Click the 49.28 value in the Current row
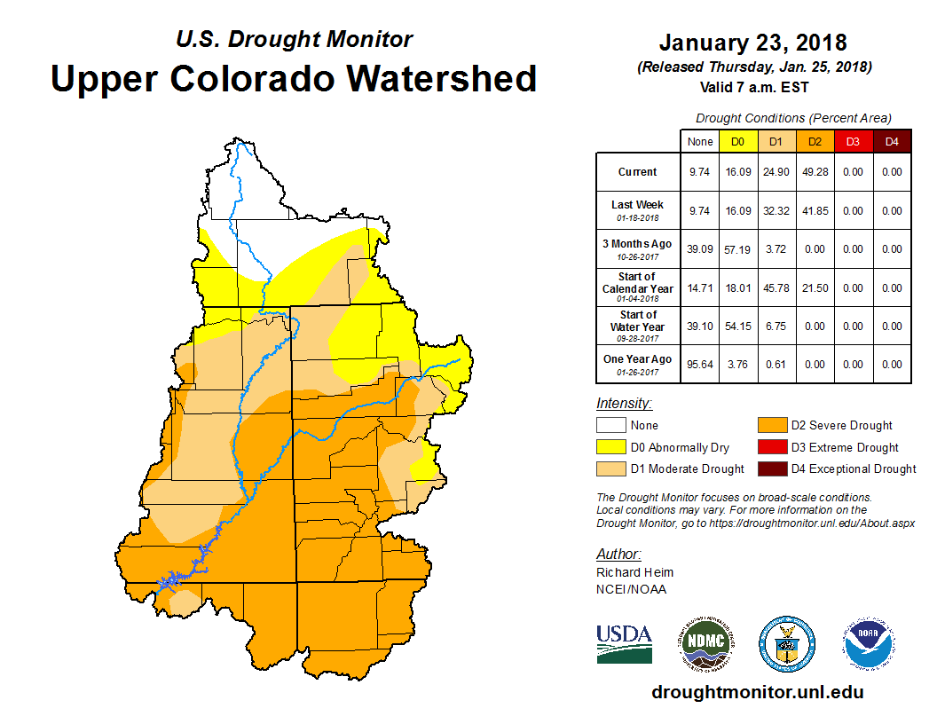point(815,172)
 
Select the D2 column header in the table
point(815,142)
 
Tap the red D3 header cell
point(853,142)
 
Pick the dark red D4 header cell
point(892,142)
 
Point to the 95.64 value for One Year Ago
point(700,365)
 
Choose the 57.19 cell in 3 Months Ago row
point(738,249)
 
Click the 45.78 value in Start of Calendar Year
point(776,288)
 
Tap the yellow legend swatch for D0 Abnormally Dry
point(610,447)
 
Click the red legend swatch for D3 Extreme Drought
point(771,447)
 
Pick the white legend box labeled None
point(610,426)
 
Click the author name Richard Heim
point(634,572)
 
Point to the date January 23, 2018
point(752,43)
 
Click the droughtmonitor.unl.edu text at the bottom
point(757,692)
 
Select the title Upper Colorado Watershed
point(294,78)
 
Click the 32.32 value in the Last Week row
point(776,211)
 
